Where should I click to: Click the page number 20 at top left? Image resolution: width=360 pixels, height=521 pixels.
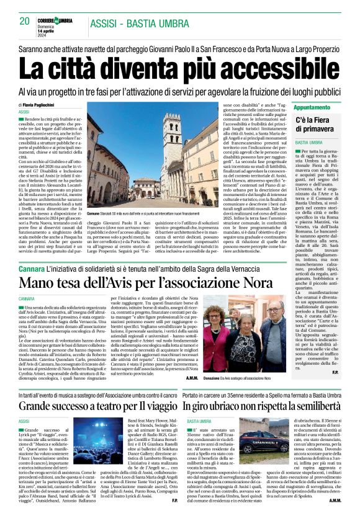(x=25, y=21)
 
